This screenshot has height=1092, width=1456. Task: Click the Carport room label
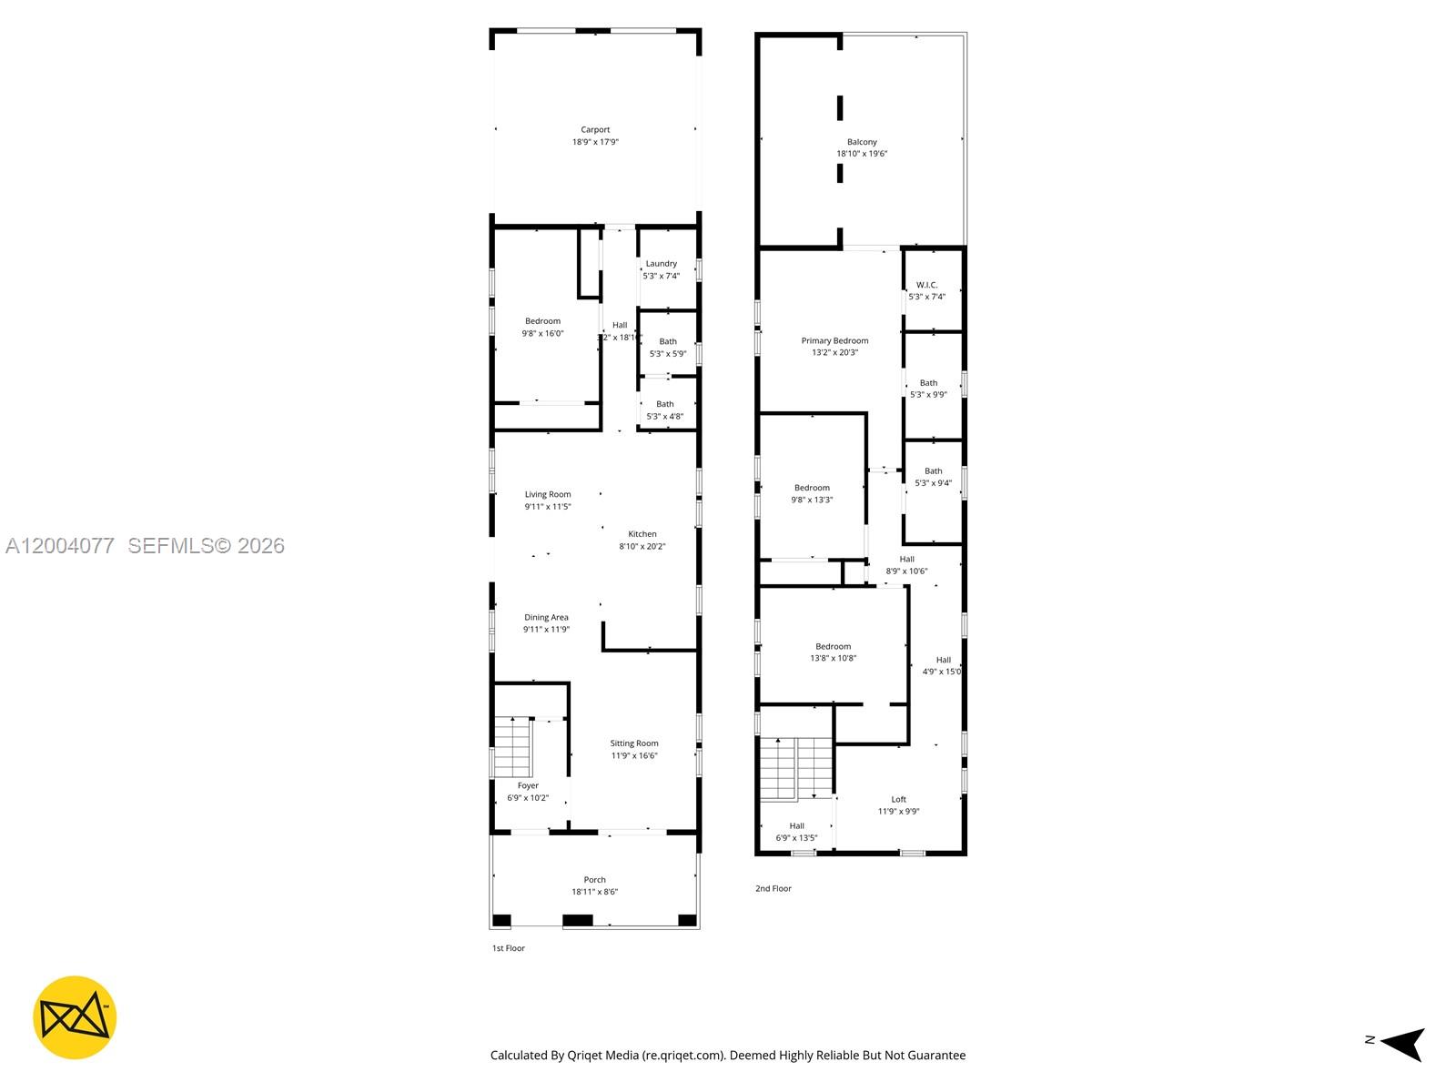pos(595,130)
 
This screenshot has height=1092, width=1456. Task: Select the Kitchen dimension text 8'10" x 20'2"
pos(642,547)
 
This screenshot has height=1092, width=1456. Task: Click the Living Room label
pos(548,495)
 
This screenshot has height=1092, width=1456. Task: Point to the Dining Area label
pos(546,618)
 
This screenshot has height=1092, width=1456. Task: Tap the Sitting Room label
pos(634,743)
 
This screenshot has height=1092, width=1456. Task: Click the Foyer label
pos(528,785)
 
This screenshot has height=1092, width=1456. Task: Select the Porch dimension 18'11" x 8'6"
pos(594,892)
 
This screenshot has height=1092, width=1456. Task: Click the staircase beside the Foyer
pos(512,747)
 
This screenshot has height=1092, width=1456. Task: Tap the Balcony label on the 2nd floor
pos(862,142)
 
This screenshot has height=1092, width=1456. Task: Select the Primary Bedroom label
pos(834,341)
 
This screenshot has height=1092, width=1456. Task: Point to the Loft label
pos(898,799)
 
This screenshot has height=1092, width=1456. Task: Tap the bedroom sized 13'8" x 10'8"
pos(833,652)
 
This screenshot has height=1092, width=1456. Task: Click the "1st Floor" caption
pos(509,948)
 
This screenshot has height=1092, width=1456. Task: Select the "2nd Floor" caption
pos(773,888)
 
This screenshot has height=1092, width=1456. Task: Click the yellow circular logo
pos(75,1017)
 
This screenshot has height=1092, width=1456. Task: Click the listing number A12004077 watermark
pos(60,546)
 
